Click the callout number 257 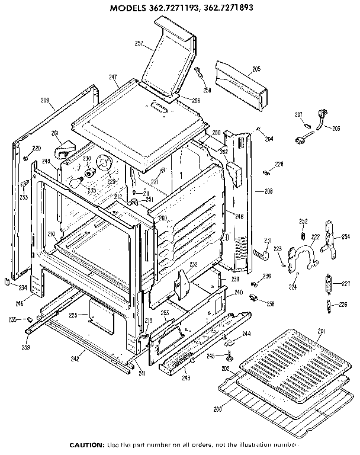(140, 44)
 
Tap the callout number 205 (256, 69)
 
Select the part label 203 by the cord (336, 128)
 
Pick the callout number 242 (75, 358)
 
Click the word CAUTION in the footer (87, 444)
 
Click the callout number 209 (45, 100)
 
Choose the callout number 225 (73, 315)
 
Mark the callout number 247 (113, 78)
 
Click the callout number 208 (268, 191)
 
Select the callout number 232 (193, 264)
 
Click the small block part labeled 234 (6, 281)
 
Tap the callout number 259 (26, 347)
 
